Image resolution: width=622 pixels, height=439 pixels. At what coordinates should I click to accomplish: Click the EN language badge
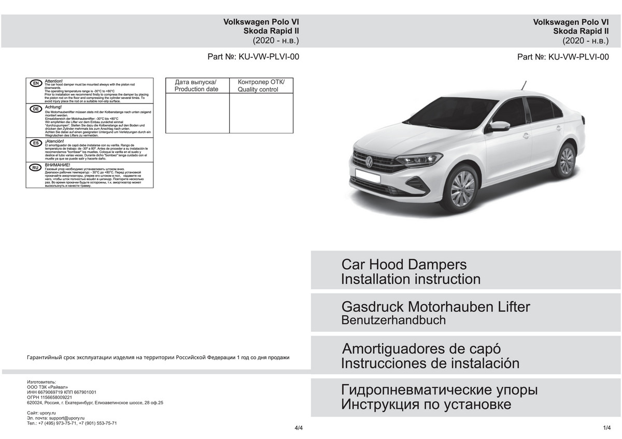(x=36, y=83)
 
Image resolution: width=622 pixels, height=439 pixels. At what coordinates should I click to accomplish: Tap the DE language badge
(x=36, y=109)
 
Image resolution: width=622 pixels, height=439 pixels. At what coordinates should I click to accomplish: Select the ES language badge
(x=36, y=142)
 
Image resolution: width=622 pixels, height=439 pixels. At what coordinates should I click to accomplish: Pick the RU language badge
(x=36, y=168)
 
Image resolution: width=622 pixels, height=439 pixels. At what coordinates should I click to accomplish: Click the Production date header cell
(x=196, y=85)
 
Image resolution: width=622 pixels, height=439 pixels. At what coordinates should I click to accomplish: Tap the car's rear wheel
(x=567, y=160)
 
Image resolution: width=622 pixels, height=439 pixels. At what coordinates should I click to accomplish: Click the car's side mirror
(x=500, y=125)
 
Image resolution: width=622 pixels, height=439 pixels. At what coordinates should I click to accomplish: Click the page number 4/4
(x=298, y=428)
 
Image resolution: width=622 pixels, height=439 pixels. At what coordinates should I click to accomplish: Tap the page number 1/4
(x=607, y=428)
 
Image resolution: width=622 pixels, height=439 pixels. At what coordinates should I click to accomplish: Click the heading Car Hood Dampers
(x=404, y=265)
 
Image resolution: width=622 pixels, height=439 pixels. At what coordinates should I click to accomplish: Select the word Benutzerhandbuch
(x=393, y=320)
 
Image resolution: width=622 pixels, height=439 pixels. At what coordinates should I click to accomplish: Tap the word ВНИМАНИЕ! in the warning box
(x=58, y=165)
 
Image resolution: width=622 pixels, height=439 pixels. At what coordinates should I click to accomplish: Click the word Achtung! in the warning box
(x=54, y=107)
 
